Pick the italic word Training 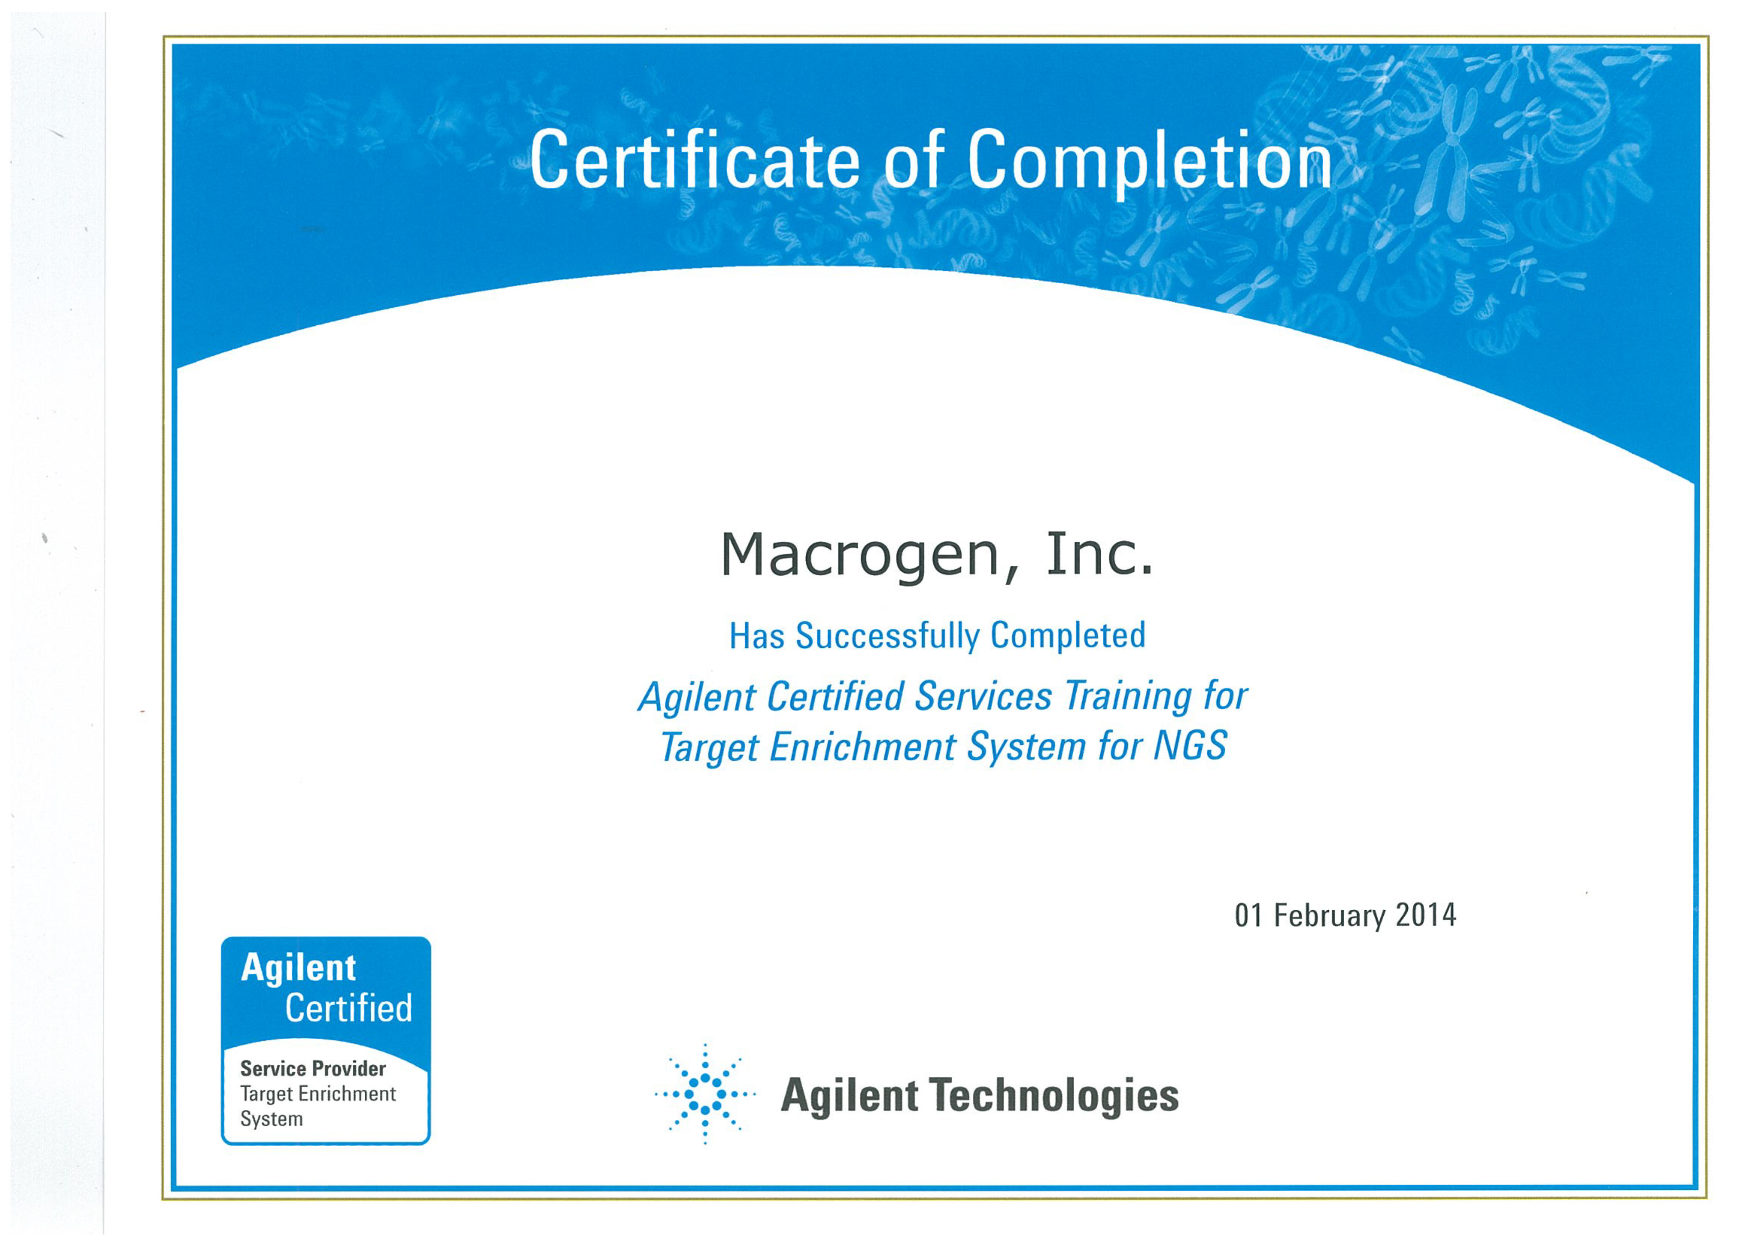click(x=1127, y=698)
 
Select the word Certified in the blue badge click(x=349, y=1008)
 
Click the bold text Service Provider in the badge click(x=313, y=1068)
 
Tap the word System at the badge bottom click(x=271, y=1119)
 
